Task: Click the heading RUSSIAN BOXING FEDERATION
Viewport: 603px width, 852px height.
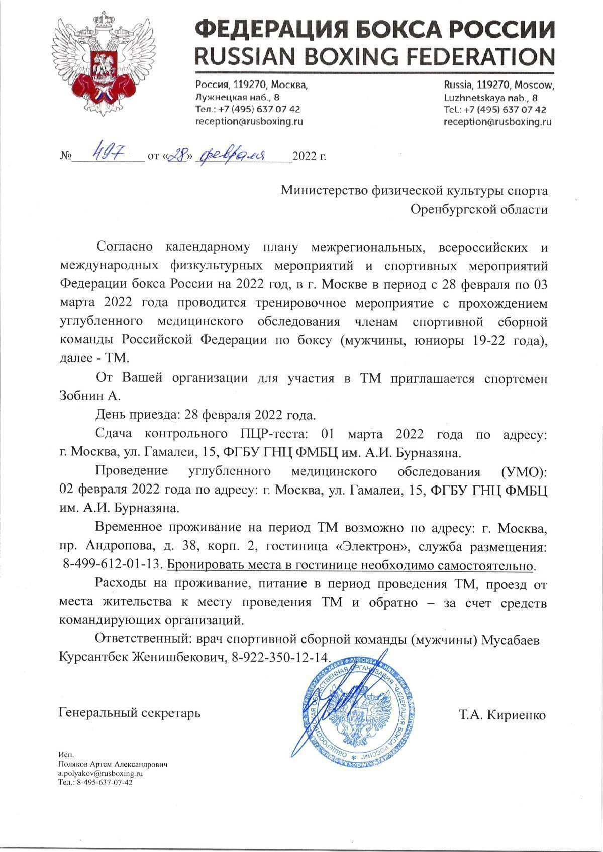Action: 375,56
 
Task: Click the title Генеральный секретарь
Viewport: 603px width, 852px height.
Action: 130,712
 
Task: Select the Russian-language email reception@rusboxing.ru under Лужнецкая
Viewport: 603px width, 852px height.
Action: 249,121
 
